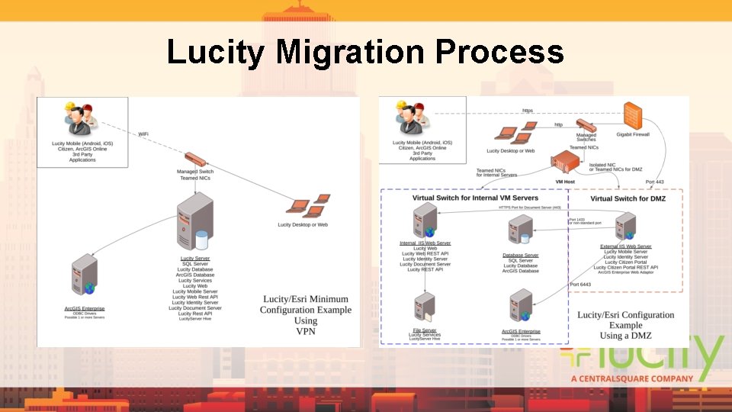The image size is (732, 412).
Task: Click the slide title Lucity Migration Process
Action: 365,53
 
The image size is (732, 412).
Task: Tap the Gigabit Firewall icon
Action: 632,115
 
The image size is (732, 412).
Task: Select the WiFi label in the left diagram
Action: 143,134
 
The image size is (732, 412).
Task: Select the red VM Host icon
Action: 566,163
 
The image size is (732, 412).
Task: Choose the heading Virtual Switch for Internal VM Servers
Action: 475,198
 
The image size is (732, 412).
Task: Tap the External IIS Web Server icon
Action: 626,227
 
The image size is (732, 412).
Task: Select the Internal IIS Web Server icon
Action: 425,220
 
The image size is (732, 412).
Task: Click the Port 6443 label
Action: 582,285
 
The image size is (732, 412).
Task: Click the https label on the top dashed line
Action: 528,111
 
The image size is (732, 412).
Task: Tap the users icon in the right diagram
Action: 411,118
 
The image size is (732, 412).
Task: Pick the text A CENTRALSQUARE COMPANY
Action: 632,378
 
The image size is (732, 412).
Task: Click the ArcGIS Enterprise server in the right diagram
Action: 521,307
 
